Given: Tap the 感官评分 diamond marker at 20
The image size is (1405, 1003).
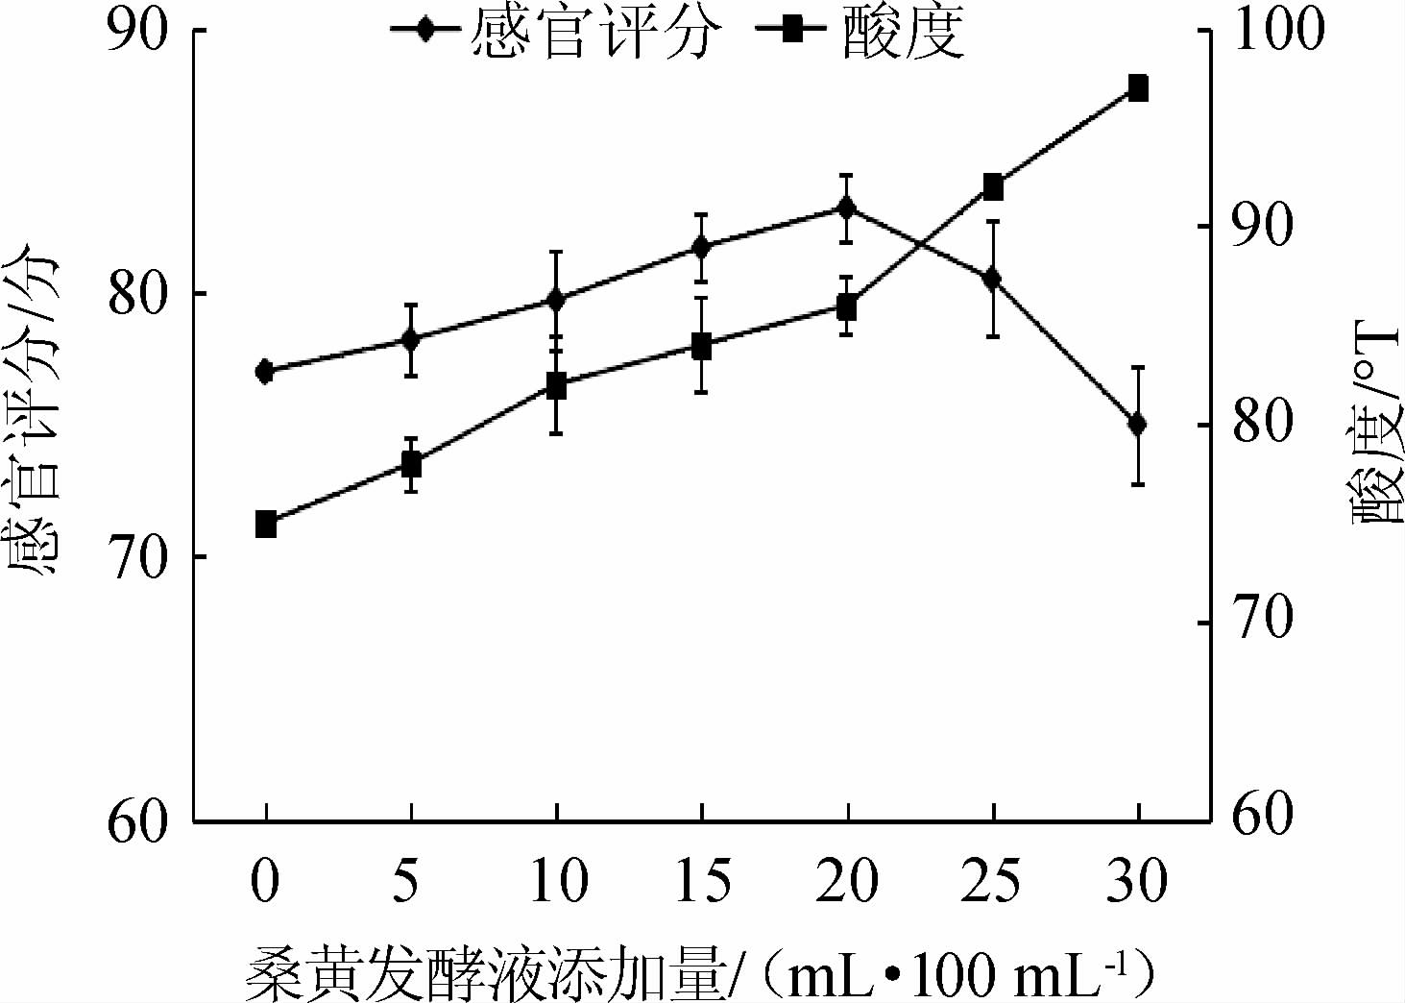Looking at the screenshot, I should (846, 208).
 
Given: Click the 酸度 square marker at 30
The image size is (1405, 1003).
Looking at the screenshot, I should (1138, 88).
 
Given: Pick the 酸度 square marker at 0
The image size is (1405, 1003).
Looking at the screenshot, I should (266, 525).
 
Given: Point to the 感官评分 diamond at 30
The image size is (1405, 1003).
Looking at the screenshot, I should (1138, 424).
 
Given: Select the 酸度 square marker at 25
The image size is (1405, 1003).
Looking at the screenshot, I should (993, 187).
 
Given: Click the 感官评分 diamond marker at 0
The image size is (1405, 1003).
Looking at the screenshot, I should (266, 372).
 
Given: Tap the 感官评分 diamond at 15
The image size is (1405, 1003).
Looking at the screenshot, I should (701, 247).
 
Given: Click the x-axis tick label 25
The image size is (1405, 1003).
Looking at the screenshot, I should (992, 881).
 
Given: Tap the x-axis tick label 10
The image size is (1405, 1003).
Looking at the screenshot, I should (557, 881).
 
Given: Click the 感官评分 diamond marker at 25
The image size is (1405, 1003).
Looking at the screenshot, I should (993, 279).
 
